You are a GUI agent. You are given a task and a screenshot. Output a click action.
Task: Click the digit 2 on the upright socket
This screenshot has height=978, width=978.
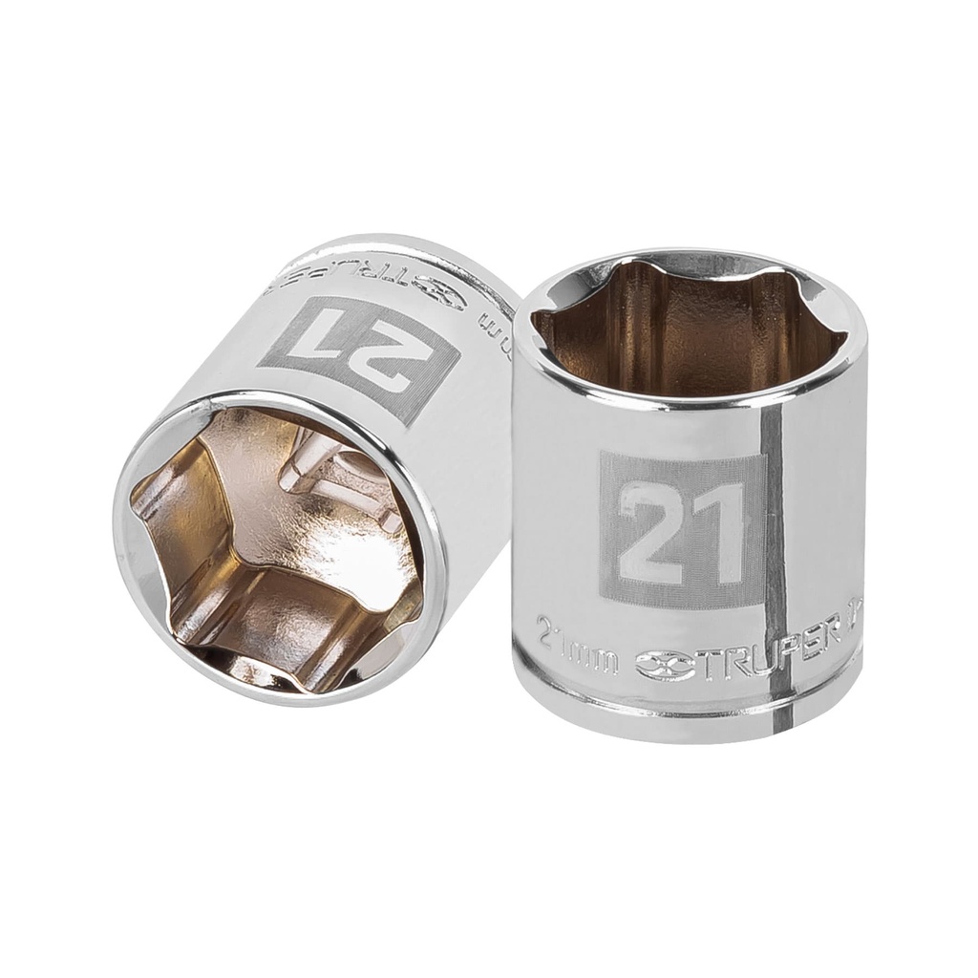pos(650,531)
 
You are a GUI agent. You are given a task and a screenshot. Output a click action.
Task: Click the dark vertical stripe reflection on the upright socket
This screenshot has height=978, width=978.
pos(776,535)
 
